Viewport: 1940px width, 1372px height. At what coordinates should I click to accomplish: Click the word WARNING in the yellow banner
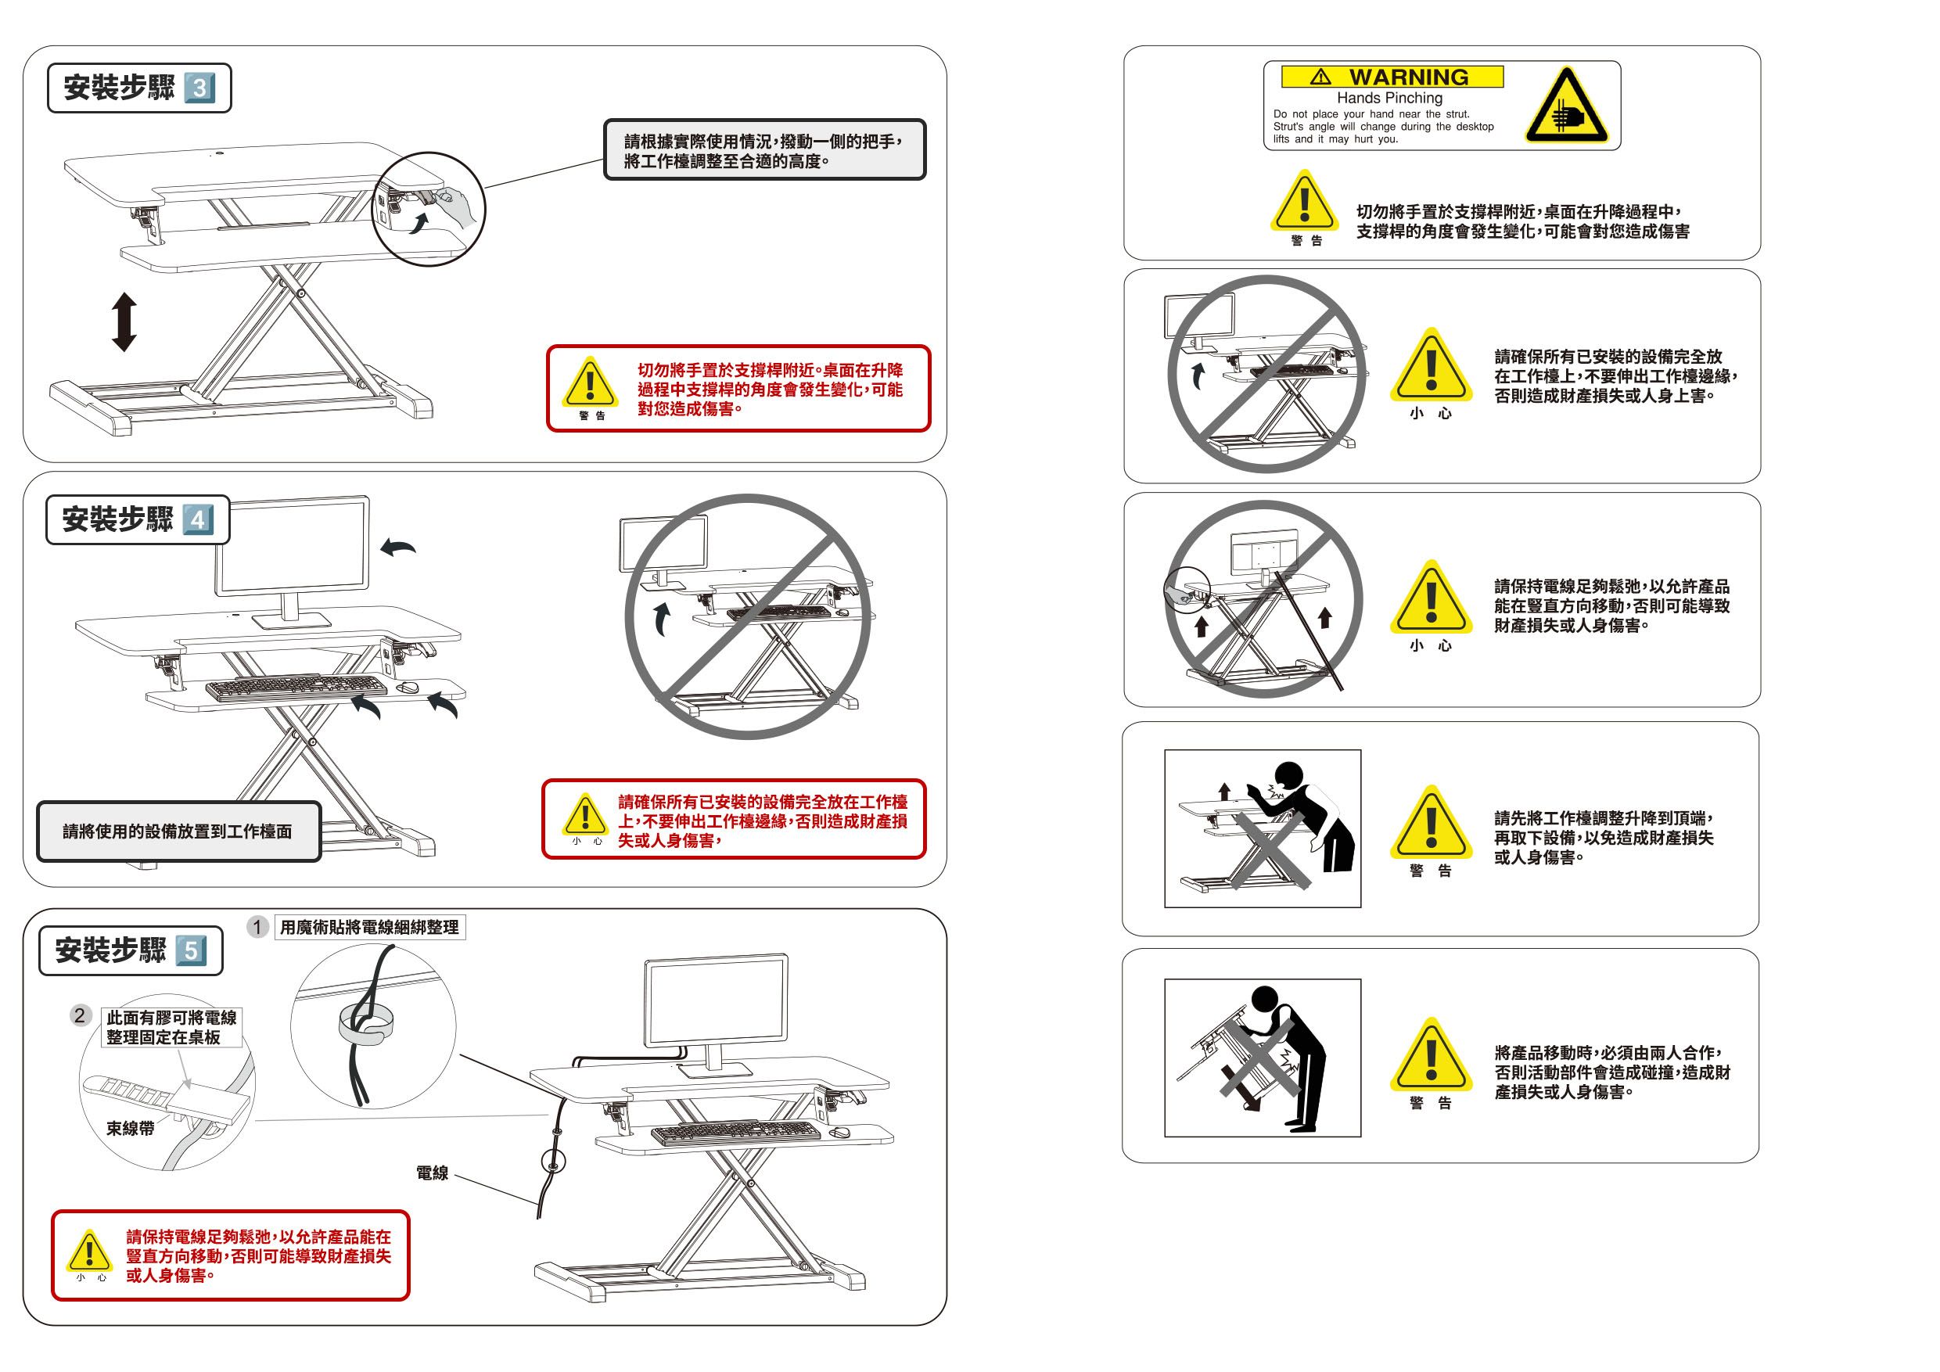tap(1409, 77)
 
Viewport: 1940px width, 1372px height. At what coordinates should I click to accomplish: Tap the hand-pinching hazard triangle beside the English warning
tap(1567, 107)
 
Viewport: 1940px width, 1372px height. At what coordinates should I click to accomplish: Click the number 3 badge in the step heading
tap(199, 88)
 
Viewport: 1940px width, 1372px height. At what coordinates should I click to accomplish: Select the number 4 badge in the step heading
tap(198, 519)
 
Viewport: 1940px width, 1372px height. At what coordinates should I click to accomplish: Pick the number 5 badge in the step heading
tap(191, 950)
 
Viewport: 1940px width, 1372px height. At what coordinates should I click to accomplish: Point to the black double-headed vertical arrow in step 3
tap(124, 321)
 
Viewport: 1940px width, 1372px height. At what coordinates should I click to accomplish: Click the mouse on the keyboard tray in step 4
tap(408, 688)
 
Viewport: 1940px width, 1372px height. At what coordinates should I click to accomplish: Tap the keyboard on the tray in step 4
tap(296, 688)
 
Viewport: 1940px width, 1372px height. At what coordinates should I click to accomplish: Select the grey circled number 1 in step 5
tap(257, 927)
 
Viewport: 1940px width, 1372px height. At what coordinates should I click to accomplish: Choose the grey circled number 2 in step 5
tap(81, 1015)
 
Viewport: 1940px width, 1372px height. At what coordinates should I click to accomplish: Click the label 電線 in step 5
tap(432, 1173)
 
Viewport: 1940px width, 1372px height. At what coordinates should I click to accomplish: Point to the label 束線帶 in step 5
tap(130, 1128)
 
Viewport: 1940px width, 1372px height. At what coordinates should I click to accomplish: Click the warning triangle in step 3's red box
tap(590, 382)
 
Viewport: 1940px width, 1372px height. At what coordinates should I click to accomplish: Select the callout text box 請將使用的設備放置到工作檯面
tap(178, 831)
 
